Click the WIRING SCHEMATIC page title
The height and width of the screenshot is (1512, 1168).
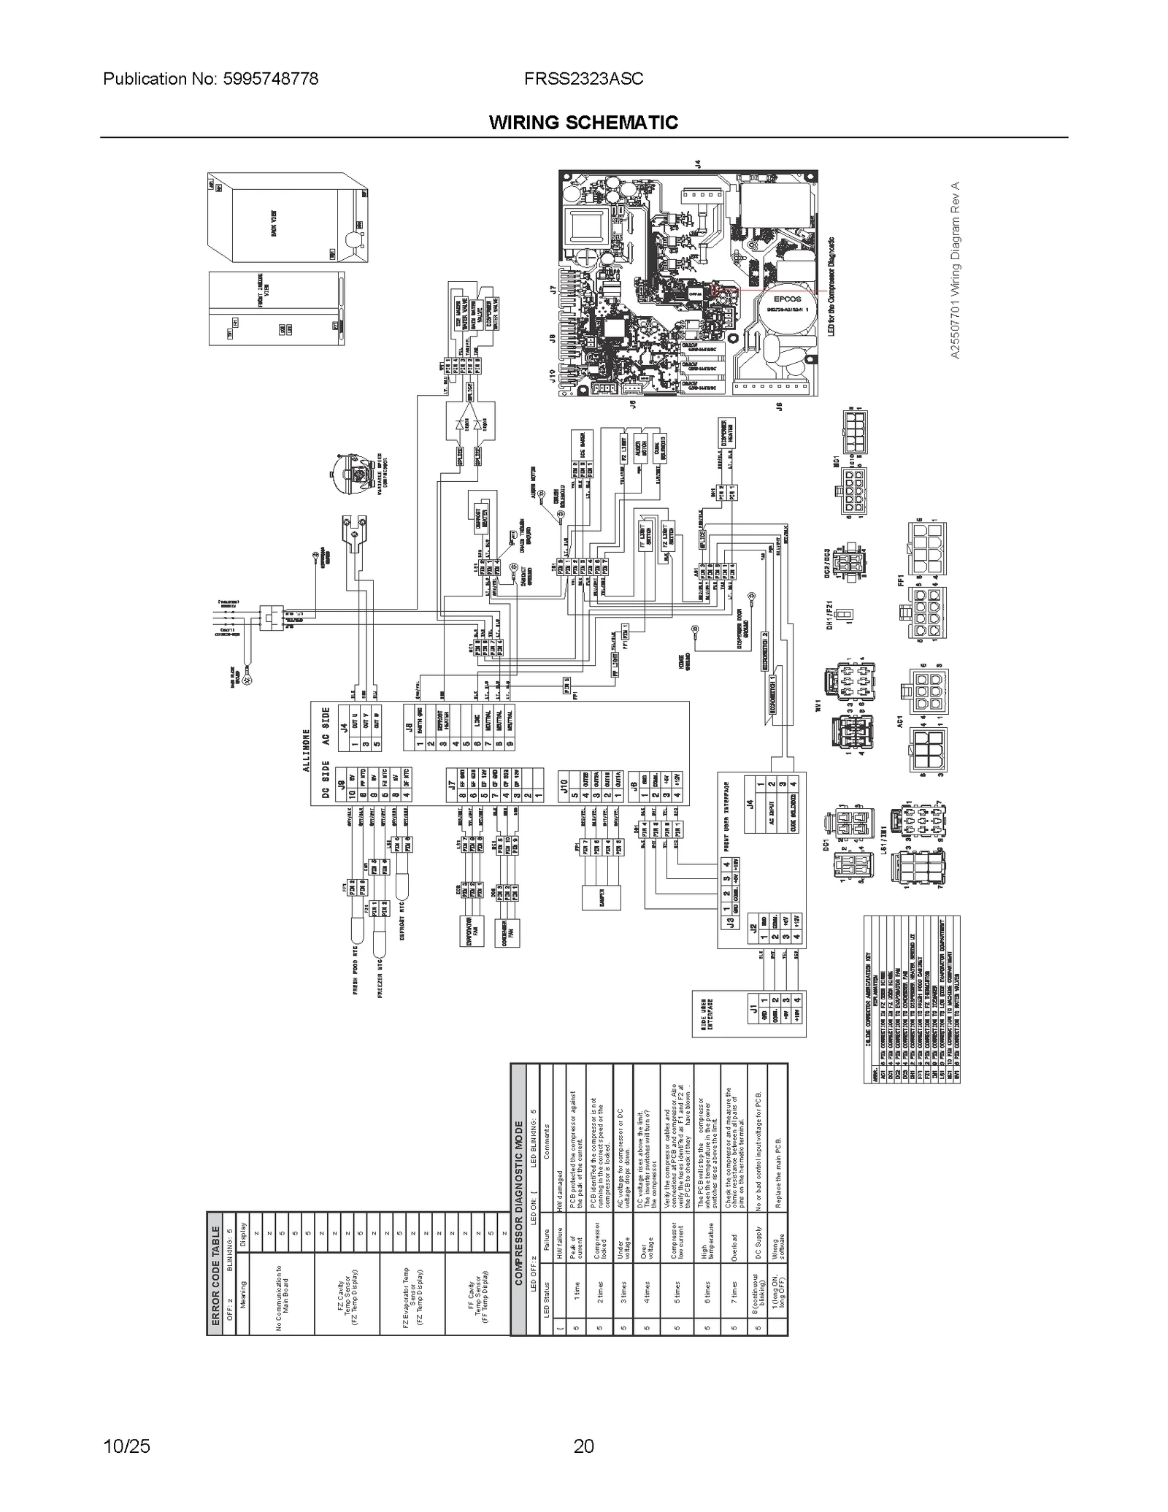coord(583,122)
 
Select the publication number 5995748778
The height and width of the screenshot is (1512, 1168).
coord(210,79)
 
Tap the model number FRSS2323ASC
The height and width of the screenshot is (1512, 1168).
coord(583,79)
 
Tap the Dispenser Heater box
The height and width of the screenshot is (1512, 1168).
coord(727,436)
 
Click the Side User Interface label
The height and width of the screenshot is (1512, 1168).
coord(704,1013)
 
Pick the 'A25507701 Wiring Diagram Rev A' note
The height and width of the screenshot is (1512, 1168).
coord(956,269)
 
